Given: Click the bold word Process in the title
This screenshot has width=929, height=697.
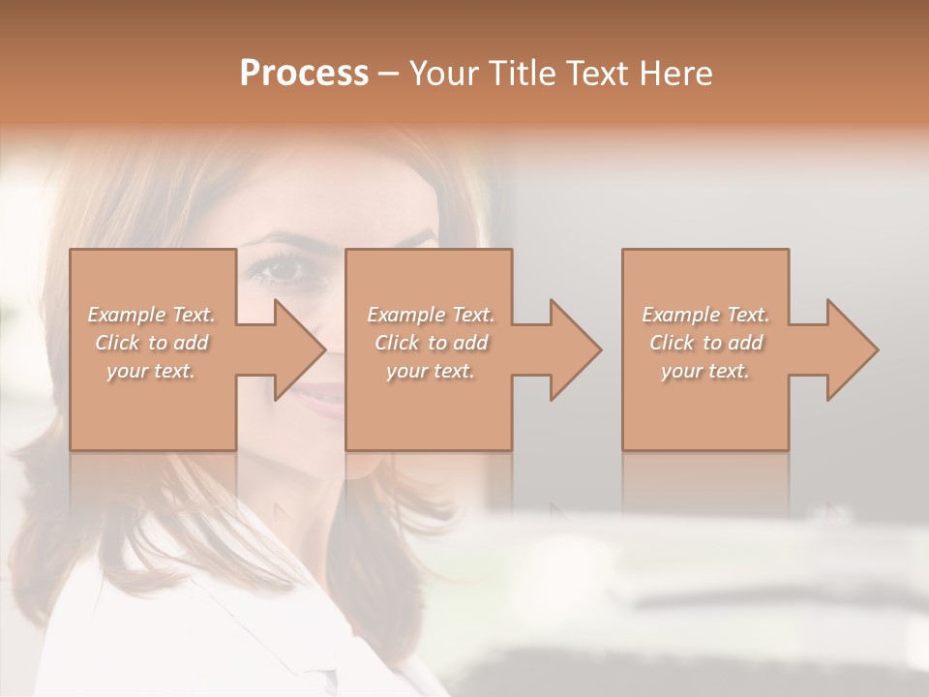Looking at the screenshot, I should point(304,74).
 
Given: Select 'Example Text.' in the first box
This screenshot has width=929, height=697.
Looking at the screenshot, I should point(152,315).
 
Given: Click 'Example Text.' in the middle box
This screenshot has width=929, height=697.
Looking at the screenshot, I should point(431,315).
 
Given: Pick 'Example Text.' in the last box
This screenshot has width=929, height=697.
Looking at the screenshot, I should point(705,315).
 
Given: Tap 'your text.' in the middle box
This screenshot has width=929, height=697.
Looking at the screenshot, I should point(430,371).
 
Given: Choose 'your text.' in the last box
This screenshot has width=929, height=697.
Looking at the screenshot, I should point(704,371).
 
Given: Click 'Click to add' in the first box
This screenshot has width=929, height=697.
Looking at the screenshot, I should point(152,343).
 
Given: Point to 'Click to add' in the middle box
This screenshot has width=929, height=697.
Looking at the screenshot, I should point(431,343).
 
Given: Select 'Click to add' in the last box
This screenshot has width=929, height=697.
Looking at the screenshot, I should point(706,343).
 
